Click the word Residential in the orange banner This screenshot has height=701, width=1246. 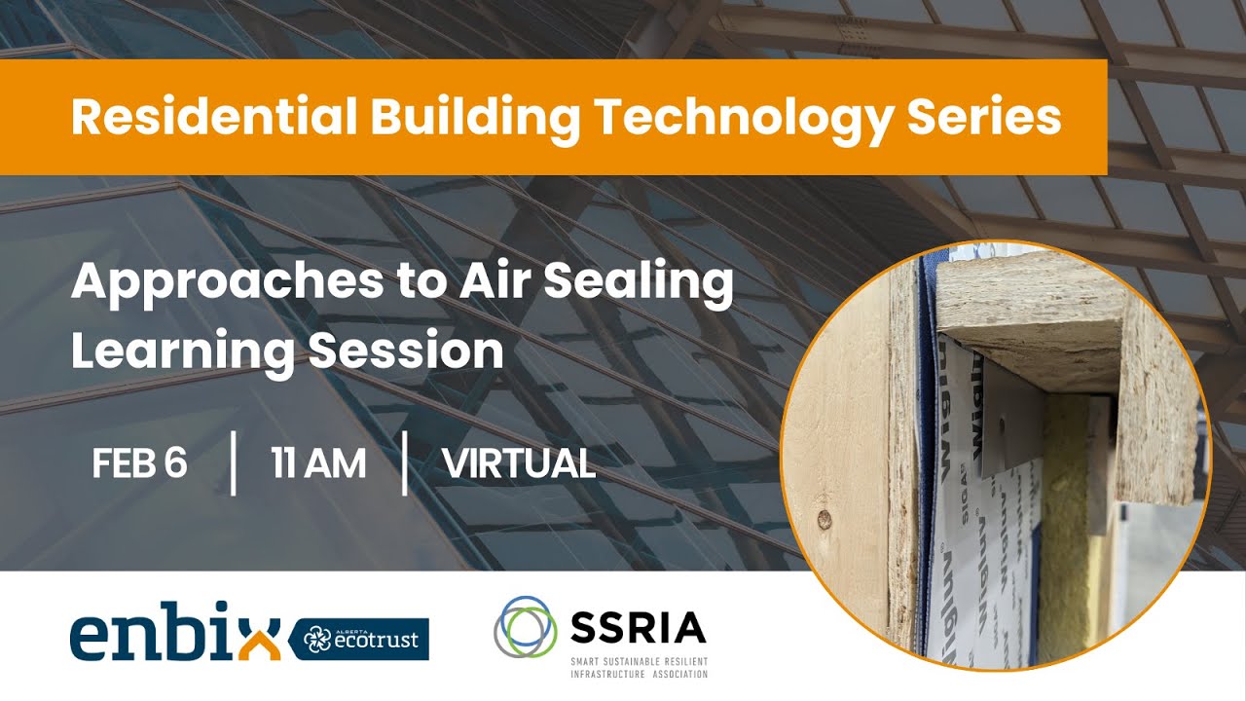213,117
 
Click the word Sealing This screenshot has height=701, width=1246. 638,282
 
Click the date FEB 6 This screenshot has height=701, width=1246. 139,464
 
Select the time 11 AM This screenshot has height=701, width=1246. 318,464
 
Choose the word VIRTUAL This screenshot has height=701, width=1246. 518,464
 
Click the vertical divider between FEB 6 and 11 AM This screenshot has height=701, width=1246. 234,464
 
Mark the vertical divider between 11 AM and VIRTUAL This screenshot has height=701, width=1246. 405,464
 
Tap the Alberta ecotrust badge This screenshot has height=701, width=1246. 359,639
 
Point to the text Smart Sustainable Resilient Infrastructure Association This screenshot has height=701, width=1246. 639,667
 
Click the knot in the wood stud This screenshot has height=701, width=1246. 825,517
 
